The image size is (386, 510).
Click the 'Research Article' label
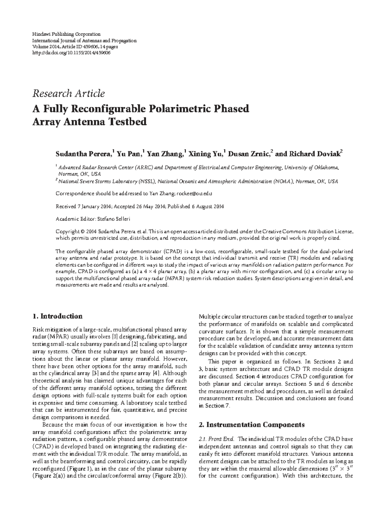pos(69,94)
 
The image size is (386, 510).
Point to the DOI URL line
pos(71,53)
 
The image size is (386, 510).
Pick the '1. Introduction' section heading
pos(58,316)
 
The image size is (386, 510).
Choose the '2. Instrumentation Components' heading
pos(252,425)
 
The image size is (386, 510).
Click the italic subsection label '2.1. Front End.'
pos(218,439)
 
